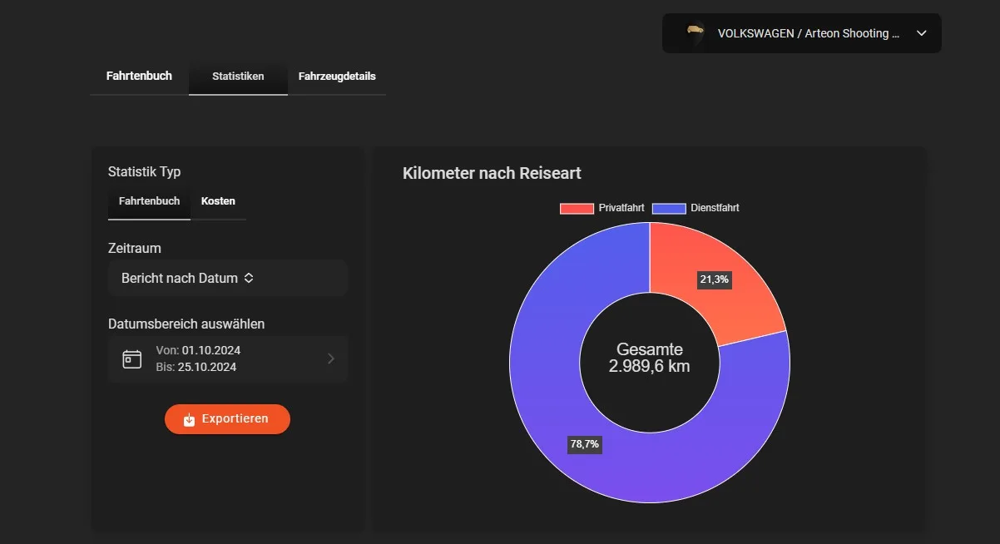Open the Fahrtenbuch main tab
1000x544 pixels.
pyautogui.click(x=139, y=76)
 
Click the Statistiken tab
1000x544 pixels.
pyautogui.click(x=238, y=77)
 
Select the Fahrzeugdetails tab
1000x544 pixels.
pyautogui.click(x=337, y=77)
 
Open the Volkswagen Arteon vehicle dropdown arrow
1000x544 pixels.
pyautogui.click(x=921, y=33)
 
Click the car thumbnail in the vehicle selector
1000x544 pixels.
pyautogui.click(x=695, y=33)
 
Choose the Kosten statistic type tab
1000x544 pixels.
pyautogui.click(x=218, y=201)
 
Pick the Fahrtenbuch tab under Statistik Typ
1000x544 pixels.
pyautogui.click(x=149, y=201)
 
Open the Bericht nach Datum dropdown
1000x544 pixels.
pyautogui.click(x=227, y=278)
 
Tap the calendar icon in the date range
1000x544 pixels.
pyautogui.click(x=132, y=359)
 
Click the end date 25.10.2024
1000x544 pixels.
pyautogui.click(x=207, y=367)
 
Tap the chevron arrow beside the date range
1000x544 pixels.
pyautogui.click(x=331, y=359)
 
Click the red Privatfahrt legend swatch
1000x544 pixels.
pyautogui.click(x=577, y=208)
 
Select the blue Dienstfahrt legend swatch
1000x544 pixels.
pyautogui.click(x=669, y=208)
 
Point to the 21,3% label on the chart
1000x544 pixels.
pyautogui.click(x=714, y=279)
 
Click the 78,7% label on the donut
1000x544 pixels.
pyautogui.click(x=584, y=444)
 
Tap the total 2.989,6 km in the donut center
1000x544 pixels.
pyautogui.click(x=649, y=365)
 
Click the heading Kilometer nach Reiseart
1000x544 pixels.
pyautogui.click(x=492, y=173)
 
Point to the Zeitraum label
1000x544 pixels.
pyautogui.click(x=135, y=248)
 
